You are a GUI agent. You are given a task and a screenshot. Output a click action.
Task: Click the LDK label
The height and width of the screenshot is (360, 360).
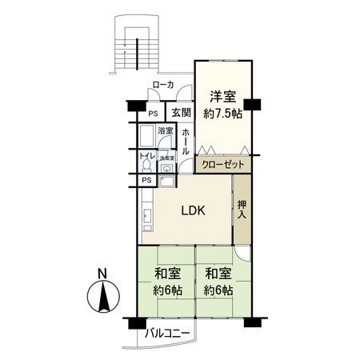(x=193, y=211)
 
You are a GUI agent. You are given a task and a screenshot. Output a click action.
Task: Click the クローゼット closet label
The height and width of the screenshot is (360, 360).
(x=222, y=164)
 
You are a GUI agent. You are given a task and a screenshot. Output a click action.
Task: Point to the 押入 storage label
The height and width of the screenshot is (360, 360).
(x=242, y=211)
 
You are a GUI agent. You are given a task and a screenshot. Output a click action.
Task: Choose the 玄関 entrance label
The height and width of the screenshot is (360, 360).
(x=180, y=113)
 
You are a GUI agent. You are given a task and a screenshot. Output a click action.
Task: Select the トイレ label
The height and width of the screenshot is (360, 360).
(x=146, y=156)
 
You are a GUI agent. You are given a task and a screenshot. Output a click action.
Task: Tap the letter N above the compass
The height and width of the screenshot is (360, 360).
(x=102, y=274)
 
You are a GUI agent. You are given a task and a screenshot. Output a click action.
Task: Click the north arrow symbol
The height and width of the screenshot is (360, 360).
(x=102, y=301)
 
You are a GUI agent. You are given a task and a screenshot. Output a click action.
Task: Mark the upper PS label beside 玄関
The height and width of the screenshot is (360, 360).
(x=152, y=113)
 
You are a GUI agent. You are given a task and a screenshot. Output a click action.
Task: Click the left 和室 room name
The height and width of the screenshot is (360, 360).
(x=167, y=274)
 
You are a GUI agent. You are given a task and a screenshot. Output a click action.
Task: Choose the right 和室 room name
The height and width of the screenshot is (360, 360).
(x=217, y=274)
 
